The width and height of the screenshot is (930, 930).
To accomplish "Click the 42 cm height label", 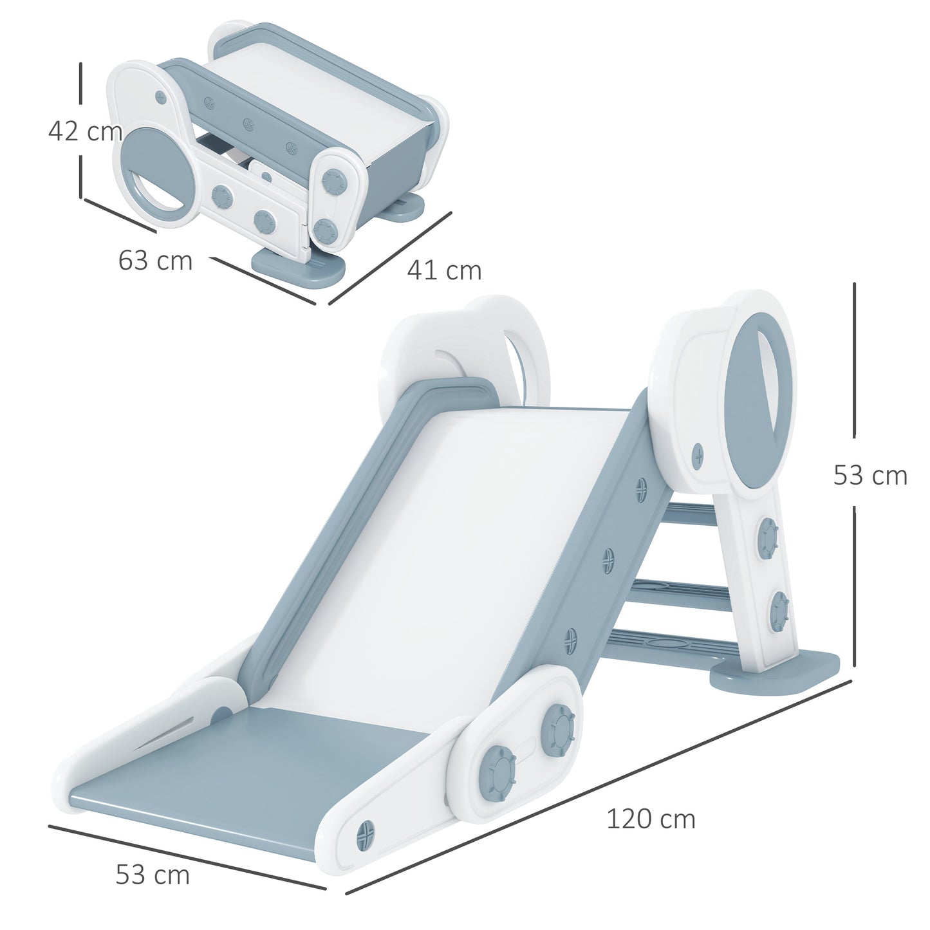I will tap(85, 131).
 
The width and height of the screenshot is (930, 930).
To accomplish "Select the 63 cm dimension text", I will tap(155, 261).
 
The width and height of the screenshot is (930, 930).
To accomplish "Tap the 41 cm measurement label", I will tap(444, 270).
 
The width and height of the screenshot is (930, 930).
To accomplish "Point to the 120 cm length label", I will tap(651, 819).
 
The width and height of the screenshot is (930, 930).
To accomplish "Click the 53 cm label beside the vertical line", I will tap(870, 476).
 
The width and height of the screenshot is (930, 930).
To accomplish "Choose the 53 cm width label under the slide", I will tap(153, 875).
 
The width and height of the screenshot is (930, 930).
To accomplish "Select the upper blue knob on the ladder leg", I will tap(768, 536).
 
